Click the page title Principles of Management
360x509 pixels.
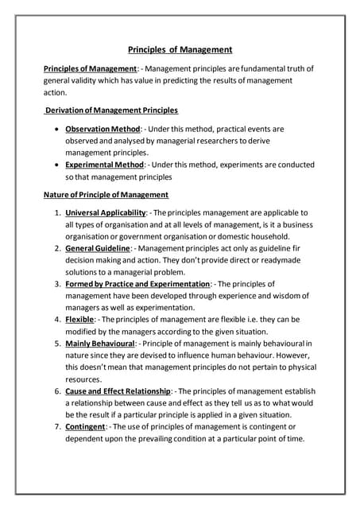tap(180, 49)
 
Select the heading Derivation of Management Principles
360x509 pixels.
tap(111, 110)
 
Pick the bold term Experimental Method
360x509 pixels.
tap(105, 165)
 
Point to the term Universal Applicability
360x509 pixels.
tap(106, 213)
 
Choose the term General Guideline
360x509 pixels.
tap(98, 249)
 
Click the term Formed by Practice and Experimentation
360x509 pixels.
tap(137, 284)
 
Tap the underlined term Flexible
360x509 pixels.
tap(79, 320)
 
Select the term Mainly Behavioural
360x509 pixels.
tap(99, 344)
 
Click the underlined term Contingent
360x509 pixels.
tap(86, 427)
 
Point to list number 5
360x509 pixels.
tap(57, 344)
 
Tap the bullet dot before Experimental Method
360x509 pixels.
tap(53, 165)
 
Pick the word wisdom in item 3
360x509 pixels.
tap(281, 296)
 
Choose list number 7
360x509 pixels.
tap(57, 427)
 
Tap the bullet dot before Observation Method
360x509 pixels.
tap(53, 128)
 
